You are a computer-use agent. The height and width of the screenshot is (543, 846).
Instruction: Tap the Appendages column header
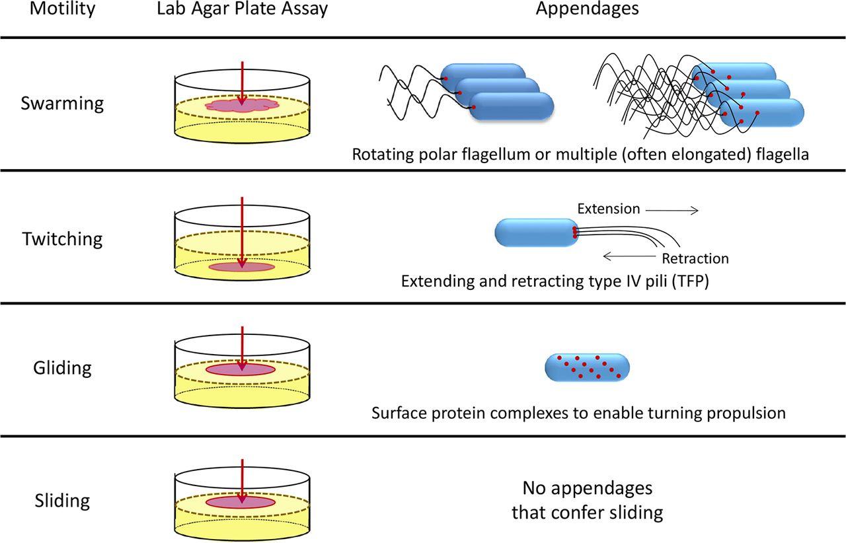[x=587, y=9]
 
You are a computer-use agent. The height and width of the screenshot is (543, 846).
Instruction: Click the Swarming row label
[x=62, y=104]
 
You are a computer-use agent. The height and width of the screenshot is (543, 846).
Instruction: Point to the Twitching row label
[x=62, y=238]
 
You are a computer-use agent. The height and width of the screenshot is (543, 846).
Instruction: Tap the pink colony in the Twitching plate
[x=241, y=267]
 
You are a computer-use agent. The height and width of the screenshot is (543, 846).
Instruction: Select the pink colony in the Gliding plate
[x=241, y=370]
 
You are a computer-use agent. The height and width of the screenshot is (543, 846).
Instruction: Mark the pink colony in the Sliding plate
[x=241, y=502]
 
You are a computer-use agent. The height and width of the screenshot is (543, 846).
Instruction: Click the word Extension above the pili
[x=609, y=209]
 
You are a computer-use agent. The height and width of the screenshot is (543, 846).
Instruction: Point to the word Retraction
[x=695, y=258]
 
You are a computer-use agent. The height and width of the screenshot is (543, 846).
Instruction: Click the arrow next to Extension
[x=672, y=210]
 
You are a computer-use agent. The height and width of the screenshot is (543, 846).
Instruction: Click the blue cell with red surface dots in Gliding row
[x=588, y=368]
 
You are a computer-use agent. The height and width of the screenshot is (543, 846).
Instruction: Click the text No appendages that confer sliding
[x=587, y=500]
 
